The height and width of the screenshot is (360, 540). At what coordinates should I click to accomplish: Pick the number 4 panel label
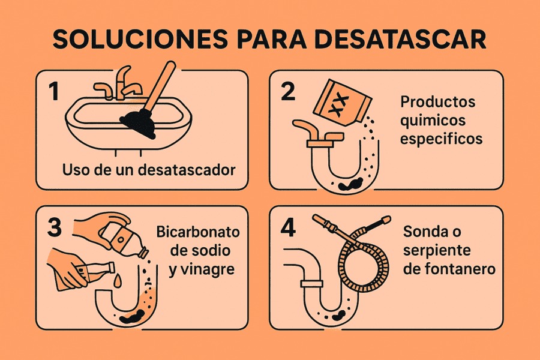pos(289,229)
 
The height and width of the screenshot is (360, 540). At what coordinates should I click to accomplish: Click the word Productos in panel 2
pos(438,101)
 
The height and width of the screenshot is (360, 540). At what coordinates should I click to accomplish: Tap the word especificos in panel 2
pos(442,139)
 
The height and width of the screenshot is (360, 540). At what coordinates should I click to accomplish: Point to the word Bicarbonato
pos(198,232)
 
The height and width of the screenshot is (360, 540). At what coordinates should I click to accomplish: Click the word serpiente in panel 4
pos(437,250)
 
